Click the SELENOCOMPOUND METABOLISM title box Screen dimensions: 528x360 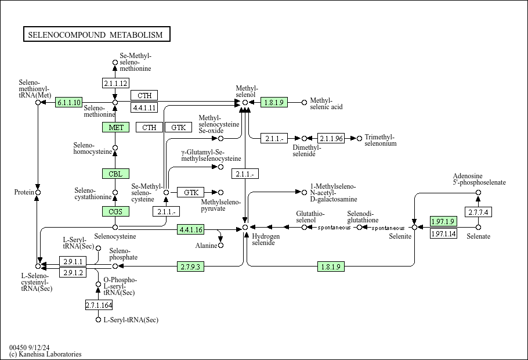tap(97, 34)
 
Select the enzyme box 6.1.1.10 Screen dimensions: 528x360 tap(68, 102)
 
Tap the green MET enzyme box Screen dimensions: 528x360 tap(115, 127)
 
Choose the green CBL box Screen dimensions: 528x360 tap(115, 174)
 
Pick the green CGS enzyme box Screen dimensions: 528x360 tap(115, 212)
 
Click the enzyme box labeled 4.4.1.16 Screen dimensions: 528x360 tap(190, 229)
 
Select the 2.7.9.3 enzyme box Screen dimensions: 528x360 tap(190, 267)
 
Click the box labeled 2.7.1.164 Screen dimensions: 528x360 tap(98, 305)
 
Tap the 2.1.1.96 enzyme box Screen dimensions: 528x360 tap(331, 138)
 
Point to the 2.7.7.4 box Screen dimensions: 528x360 tap(478, 212)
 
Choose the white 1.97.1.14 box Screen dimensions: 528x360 tap(443, 233)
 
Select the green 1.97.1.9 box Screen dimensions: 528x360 tap(443, 221)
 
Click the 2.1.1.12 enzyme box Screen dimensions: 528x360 tap(115, 83)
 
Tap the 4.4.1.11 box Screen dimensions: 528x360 tap(144, 107)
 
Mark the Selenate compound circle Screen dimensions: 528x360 tap(478, 228)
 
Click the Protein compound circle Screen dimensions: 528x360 tap(38, 192)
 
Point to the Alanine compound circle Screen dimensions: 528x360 tap(220, 246)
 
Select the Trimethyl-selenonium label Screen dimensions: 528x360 tap(381, 140)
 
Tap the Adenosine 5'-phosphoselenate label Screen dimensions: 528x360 tap(479, 179)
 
